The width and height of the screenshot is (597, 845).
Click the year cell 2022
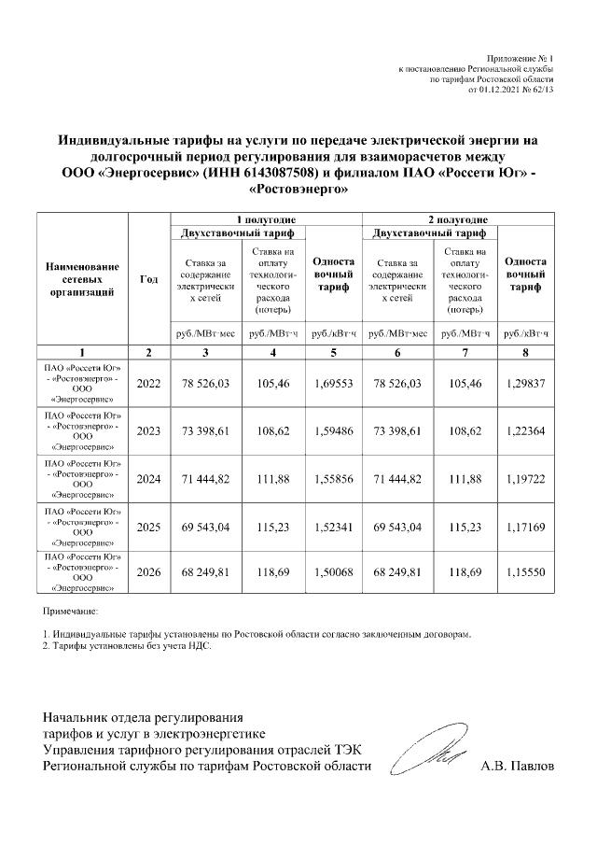(148, 384)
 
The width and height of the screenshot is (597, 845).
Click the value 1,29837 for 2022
(526, 384)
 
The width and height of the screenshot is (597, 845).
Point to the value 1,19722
(526, 479)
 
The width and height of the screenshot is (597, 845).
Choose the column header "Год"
(148, 279)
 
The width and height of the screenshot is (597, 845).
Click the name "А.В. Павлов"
(516, 767)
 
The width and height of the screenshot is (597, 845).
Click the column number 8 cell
(526, 351)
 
